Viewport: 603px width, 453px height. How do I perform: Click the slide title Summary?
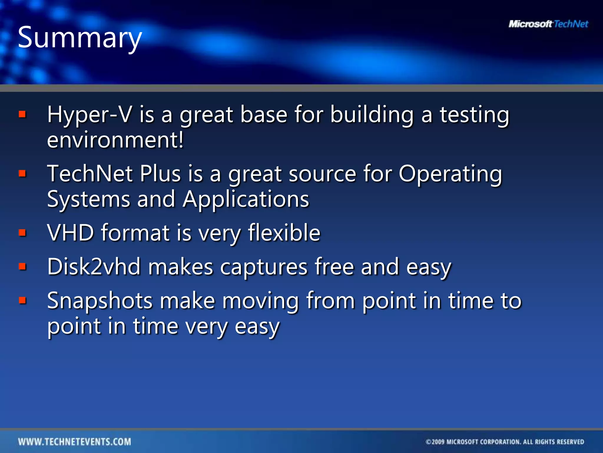pyautogui.click(x=80, y=38)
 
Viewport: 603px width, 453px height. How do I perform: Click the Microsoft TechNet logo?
pyautogui.click(x=548, y=24)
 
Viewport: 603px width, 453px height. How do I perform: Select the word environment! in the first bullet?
pyautogui.click(x=115, y=140)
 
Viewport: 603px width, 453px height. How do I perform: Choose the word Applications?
pyautogui.click(x=246, y=199)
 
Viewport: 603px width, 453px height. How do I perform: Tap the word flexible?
pyautogui.click(x=284, y=233)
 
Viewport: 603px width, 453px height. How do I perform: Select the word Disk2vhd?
pyautogui.click(x=94, y=267)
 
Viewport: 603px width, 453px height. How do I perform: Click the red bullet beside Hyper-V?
pyautogui.click(x=22, y=114)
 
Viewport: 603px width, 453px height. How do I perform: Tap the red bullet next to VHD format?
pyautogui.click(x=22, y=233)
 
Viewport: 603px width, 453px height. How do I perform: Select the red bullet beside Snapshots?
pyautogui.click(x=22, y=301)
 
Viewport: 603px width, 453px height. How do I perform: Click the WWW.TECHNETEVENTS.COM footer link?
pyautogui.click(x=74, y=441)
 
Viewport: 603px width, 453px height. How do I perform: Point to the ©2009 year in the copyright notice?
pyautogui.click(x=435, y=442)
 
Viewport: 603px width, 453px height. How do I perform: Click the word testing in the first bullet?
pyautogui.click(x=474, y=115)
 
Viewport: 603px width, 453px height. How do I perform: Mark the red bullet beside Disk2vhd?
pyautogui.click(x=22, y=267)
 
